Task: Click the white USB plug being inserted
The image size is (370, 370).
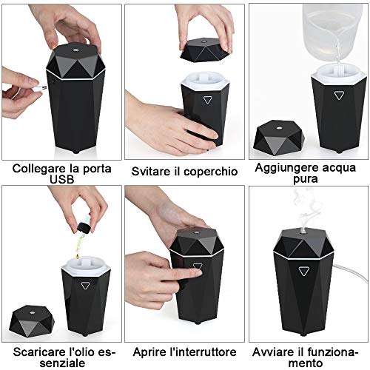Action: (x=39, y=88)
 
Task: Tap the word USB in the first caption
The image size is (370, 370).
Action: (x=62, y=179)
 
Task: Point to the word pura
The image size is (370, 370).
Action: (x=306, y=180)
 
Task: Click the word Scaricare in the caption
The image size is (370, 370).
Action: (x=37, y=351)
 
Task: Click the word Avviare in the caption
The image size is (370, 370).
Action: (x=269, y=351)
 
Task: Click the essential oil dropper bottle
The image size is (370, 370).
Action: (x=84, y=224)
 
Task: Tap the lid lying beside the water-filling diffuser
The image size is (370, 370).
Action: (x=279, y=138)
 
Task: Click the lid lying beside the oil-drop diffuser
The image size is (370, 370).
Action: (x=32, y=320)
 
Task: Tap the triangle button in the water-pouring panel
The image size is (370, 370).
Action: (x=339, y=95)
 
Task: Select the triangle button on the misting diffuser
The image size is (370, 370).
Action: (x=303, y=272)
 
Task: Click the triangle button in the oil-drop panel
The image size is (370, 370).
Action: (x=85, y=286)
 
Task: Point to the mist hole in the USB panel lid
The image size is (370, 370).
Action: (x=75, y=50)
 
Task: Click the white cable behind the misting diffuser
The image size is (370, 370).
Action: (x=350, y=273)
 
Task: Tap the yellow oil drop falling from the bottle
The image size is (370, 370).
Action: (x=78, y=257)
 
